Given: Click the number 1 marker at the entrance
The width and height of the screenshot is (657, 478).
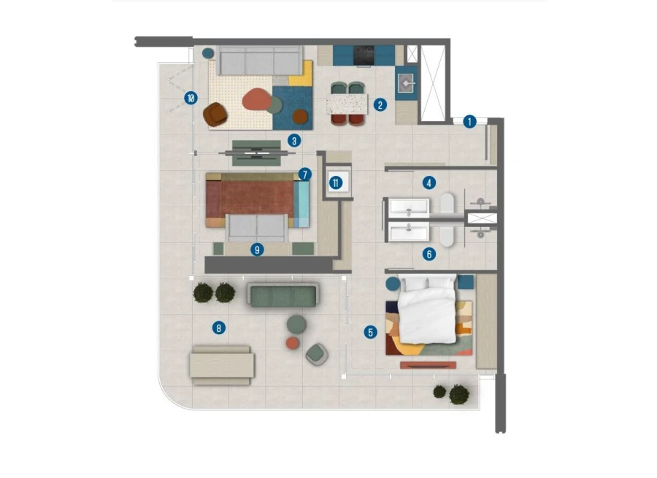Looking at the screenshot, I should pos(469,121).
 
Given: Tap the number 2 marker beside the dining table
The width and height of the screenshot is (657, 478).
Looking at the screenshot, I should pos(380,104).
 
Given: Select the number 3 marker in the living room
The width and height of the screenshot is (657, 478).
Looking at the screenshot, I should pos(293,140).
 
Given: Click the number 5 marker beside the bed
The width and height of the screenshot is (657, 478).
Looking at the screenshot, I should pos(371,333).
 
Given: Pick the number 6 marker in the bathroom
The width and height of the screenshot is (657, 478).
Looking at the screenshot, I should pos(429,254).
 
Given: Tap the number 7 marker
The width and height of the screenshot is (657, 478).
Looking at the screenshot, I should pos(304,174).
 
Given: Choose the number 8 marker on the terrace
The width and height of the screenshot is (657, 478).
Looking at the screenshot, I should pos(218,328).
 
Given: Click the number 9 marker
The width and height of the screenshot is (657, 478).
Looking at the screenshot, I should pos(256,250).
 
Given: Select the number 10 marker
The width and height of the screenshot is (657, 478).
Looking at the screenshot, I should pos(191,97).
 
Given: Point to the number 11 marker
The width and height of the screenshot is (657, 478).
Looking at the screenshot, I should pos(336,182).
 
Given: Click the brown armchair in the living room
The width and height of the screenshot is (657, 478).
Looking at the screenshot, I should pos(216,114).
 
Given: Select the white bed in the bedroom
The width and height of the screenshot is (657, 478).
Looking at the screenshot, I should pos(427,308).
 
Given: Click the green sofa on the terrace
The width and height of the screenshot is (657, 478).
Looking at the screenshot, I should pos(283,295).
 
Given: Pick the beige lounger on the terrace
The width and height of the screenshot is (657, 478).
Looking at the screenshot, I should pos(222,364).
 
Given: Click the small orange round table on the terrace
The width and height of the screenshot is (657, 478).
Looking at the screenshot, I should pos(293,342).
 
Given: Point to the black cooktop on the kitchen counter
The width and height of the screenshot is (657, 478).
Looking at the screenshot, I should pos(364,55).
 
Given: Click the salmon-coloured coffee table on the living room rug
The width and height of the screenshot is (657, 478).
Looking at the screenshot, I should pos(256,99).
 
